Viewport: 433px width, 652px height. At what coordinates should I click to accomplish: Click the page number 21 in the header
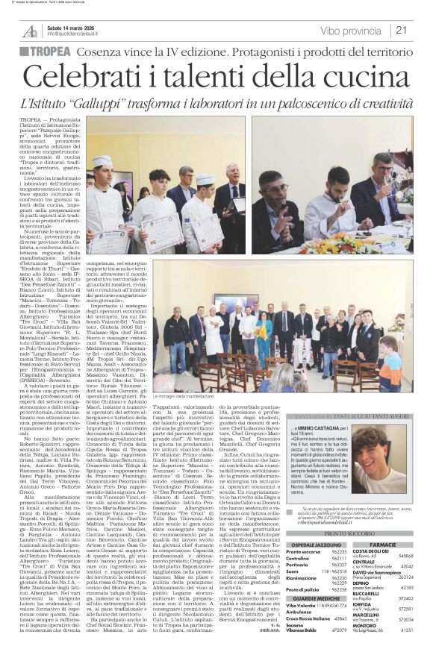click(x=402, y=31)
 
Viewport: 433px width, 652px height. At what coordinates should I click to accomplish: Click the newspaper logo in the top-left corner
click(x=29, y=31)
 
